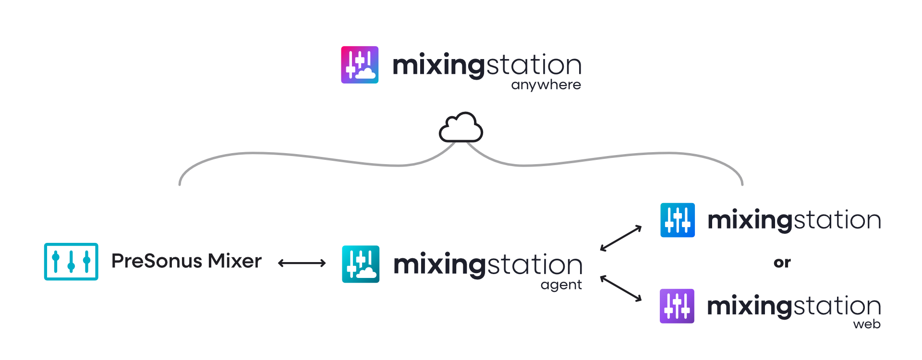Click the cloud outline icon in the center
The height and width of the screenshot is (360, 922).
[461, 128]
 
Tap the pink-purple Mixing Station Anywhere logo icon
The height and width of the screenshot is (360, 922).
[360, 65]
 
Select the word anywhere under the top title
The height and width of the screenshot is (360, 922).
[546, 85]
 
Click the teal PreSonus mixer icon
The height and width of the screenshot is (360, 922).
[71, 262]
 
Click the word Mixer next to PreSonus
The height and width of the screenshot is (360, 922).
[235, 261]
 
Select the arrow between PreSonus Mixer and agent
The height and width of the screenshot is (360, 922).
[302, 263]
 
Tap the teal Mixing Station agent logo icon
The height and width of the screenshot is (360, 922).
[361, 264]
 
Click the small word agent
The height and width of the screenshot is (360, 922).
[561, 285]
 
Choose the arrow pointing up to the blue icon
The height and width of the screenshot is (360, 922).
[621, 238]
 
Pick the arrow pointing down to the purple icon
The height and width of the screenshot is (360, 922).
[621, 288]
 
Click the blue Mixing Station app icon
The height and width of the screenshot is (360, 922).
[678, 220]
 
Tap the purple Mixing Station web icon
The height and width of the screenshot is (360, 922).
[677, 306]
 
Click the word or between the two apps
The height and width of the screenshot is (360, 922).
[782, 263]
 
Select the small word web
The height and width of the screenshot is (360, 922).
[866, 324]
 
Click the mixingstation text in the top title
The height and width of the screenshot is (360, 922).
[487, 65]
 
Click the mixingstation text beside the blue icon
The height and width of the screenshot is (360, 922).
[794, 220]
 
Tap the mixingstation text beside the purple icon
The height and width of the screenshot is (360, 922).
[794, 306]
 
